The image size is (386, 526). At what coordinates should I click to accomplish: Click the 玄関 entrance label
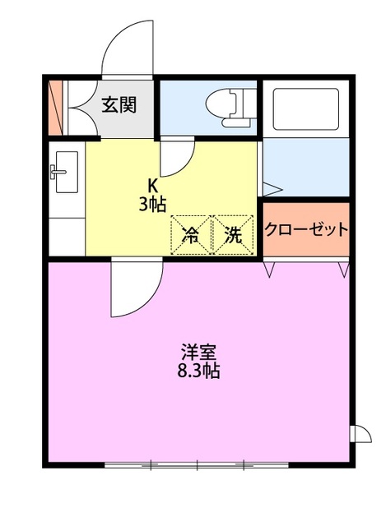(119, 104)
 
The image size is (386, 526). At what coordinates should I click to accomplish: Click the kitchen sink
(65, 170)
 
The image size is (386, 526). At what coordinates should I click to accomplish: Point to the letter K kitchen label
(152, 185)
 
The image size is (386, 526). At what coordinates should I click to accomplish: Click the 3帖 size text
(152, 205)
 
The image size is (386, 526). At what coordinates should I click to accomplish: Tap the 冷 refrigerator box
(190, 235)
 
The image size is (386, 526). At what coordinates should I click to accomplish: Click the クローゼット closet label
(306, 229)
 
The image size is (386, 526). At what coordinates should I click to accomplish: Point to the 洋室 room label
(199, 352)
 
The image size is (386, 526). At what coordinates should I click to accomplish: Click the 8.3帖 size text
(199, 371)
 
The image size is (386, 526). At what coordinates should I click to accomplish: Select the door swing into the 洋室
(133, 289)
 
